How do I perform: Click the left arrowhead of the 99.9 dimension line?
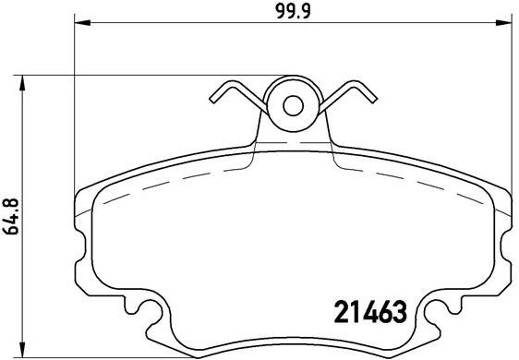point(79,24)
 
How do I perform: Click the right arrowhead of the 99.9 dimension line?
point(507,24)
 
